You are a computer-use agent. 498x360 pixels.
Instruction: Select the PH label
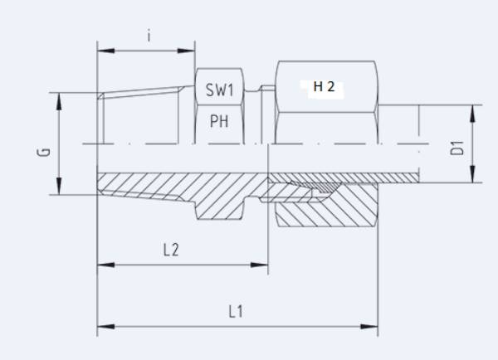(x=219, y=122)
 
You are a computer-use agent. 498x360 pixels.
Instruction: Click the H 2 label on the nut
(x=324, y=87)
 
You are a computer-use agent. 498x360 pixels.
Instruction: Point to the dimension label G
(x=45, y=151)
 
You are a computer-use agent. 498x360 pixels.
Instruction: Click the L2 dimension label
(x=170, y=250)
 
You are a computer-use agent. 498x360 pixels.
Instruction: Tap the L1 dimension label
(x=236, y=312)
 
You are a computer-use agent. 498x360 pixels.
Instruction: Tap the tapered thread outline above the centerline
(x=141, y=90)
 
